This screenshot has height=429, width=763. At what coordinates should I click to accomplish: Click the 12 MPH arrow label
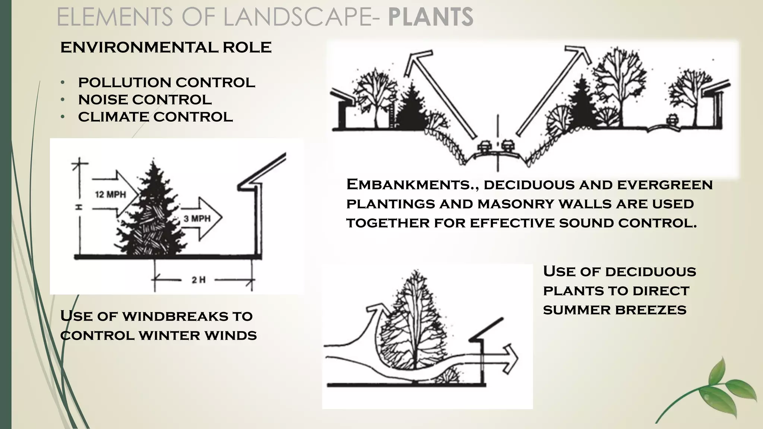[x=110, y=194]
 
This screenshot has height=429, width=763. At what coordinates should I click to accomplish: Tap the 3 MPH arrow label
[x=197, y=219]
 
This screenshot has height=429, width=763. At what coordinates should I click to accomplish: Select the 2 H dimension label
[x=199, y=280]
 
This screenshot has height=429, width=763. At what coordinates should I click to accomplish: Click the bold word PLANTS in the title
[x=431, y=17]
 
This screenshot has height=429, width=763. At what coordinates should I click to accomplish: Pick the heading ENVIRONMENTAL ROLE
[x=166, y=48]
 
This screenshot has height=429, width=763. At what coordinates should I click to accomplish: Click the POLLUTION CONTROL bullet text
[x=167, y=82]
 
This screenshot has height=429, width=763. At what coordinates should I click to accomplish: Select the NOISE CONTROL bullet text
[x=145, y=100]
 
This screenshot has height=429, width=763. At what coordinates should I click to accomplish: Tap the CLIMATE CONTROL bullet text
[x=155, y=117]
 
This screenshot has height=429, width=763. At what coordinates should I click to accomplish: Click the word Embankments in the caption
[x=408, y=185]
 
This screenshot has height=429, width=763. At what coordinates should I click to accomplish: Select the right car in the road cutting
[x=507, y=145]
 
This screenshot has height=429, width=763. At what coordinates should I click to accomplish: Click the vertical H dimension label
[x=79, y=207]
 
